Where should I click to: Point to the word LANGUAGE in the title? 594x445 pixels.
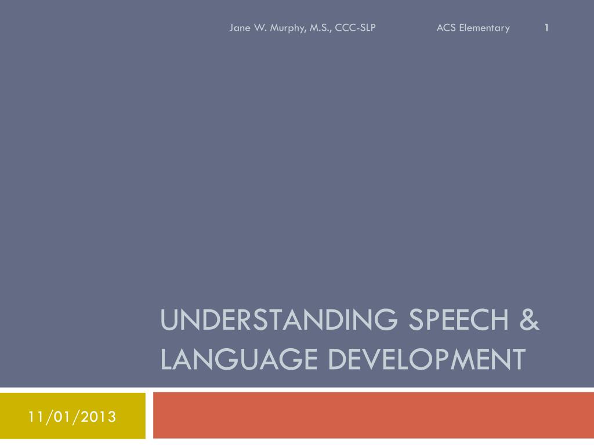(239, 359)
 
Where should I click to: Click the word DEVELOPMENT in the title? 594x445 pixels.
(426, 359)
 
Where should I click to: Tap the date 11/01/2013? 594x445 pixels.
(73, 417)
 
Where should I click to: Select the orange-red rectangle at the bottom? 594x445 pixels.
(371, 415)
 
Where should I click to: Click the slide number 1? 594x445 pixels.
(546, 27)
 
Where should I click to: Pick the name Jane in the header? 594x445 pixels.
(240, 28)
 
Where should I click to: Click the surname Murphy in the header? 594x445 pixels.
(285, 28)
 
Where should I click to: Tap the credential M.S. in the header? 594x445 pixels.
(319, 28)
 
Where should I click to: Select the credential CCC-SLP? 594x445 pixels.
(356, 28)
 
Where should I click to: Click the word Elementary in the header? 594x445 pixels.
(484, 28)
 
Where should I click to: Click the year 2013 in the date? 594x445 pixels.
(99, 417)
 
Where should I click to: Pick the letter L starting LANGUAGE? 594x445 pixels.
(166, 359)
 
